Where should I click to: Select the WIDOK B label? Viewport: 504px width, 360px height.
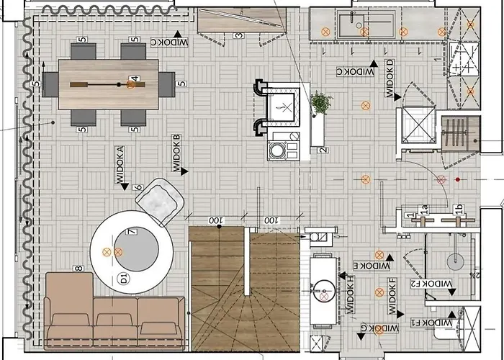point(176,153)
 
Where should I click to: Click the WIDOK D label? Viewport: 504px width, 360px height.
point(390,78)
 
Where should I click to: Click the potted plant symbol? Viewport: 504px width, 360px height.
point(320,102)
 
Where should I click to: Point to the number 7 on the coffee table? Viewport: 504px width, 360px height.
point(132,232)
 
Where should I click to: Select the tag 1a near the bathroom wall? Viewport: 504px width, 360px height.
point(424,210)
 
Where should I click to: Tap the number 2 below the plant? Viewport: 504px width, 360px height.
point(323,150)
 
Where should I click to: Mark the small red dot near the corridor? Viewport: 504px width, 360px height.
point(457,179)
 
